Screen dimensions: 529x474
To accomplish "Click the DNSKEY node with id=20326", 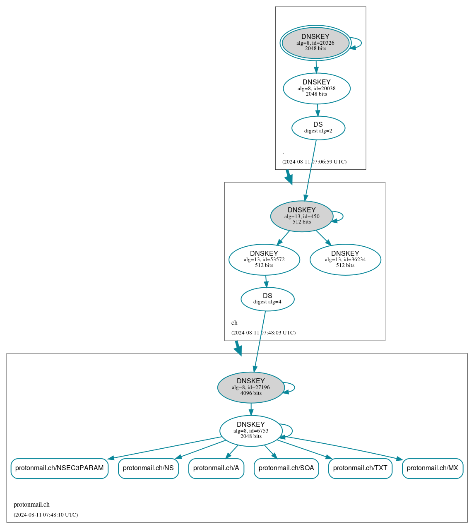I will click(315, 43).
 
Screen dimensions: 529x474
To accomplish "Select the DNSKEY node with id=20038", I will click(316, 88).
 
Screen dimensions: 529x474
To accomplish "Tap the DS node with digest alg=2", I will click(318, 128).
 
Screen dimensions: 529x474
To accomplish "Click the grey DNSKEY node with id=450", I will click(301, 216).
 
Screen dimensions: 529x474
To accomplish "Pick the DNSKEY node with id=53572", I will click(264, 260).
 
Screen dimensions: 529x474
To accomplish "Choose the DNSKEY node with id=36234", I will click(345, 260).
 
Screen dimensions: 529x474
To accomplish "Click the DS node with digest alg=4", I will click(267, 299).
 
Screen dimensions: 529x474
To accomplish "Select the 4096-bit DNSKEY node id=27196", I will click(250, 387).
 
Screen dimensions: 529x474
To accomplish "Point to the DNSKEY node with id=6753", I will click(250, 430).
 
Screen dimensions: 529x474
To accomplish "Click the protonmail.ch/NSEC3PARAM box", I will click(59, 468).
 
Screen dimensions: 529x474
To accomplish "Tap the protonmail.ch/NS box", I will click(148, 468).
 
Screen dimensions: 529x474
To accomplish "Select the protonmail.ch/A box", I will click(216, 468).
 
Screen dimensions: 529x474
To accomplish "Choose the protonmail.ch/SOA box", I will click(286, 468).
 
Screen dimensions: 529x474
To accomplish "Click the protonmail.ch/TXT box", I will click(360, 468).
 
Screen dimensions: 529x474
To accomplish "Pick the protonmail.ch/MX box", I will click(432, 468).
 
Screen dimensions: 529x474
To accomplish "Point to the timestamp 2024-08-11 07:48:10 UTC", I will click(46, 515).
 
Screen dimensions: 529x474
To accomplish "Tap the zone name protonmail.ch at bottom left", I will click(31, 505).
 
